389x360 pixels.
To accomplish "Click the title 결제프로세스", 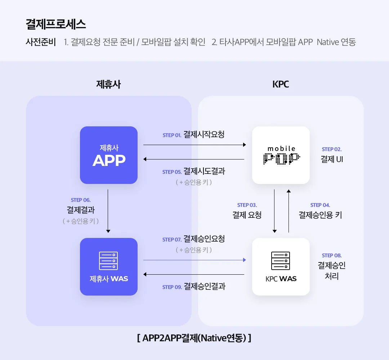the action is click(x=56, y=24).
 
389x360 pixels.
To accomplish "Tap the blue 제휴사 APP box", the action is click(x=109, y=155).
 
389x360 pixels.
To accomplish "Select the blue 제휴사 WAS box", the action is click(x=109, y=267).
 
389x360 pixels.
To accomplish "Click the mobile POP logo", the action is click(x=281, y=155).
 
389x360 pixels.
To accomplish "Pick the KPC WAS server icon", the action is click(x=281, y=261).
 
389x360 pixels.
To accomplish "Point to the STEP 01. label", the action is click(x=172, y=135).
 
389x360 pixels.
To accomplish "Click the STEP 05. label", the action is click(x=172, y=172).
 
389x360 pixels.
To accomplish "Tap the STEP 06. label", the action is click(x=81, y=200).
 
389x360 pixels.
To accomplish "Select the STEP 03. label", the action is click(x=247, y=205).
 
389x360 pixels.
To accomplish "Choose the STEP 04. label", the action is click(x=320, y=205).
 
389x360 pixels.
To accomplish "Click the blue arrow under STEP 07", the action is click(x=194, y=260).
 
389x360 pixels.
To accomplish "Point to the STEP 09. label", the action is click(x=172, y=287).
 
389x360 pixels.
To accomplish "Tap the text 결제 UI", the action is click(x=332, y=159).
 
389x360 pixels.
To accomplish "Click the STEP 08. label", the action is click(x=332, y=256).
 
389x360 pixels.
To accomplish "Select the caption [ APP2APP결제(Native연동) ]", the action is click(x=194, y=338).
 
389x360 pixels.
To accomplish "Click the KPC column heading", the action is click(x=281, y=84).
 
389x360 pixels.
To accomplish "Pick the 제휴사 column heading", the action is click(x=108, y=84).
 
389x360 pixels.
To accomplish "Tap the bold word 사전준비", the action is click(x=41, y=42).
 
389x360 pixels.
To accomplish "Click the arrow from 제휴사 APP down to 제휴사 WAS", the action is click(x=108, y=211).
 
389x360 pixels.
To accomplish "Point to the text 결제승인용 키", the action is click(x=320, y=215).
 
